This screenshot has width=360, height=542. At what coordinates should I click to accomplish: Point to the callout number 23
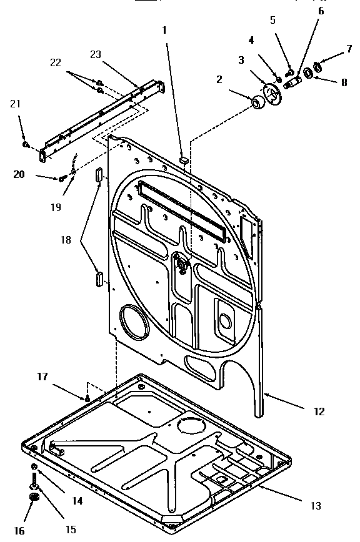click(x=95, y=54)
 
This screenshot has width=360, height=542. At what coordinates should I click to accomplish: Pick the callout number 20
click(x=19, y=174)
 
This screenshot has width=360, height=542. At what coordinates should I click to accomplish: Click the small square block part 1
click(x=182, y=160)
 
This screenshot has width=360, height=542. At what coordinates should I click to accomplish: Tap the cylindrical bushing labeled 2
click(x=257, y=103)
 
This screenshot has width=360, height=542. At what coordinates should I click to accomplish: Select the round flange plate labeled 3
click(x=272, y=94)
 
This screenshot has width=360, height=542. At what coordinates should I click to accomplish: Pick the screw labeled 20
click(x=62, y=179)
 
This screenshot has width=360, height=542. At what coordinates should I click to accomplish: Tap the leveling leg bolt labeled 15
click(x=33, y=485)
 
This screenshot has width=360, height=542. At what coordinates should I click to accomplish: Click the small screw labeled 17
click(x=88, y=397)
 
